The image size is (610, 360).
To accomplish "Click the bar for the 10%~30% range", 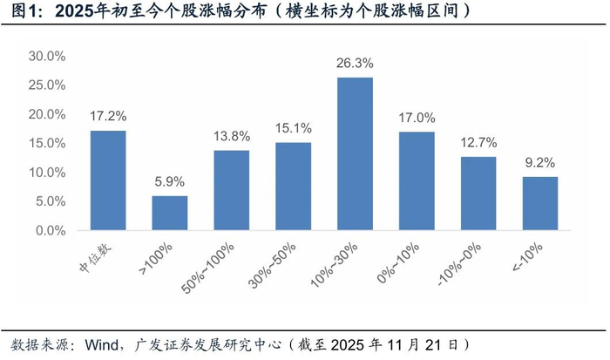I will [x=355, y=154].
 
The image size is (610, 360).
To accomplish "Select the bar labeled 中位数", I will [x=108, y=180].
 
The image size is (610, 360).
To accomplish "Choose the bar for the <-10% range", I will [x=540, y=204].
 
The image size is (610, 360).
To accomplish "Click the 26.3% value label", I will [x=355, y=64].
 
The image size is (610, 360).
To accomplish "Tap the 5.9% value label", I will [x=170, y=182].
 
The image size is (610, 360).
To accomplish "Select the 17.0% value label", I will [x=417, y=118].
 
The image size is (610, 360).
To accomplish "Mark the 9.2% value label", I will [x=540, y=163].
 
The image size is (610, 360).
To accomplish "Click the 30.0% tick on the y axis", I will [x=47, y=57].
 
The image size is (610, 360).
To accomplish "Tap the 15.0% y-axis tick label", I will [x=47, y=144].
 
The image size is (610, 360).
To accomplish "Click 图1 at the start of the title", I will [x=22, y=12].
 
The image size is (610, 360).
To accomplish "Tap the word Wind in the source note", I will [x=103, y=344].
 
